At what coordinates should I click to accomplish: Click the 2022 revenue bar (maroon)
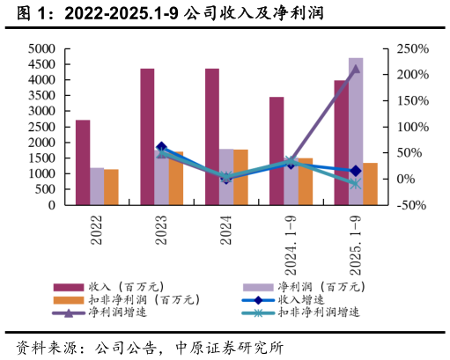click(x=82, y=163)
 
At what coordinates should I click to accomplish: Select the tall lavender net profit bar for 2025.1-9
click(x=355, y=132)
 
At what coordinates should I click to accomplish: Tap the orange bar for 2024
click(x=240, y=178)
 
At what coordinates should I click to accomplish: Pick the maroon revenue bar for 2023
click(x=147, y=136)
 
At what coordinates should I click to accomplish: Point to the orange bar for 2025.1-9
click(x=370, y=184)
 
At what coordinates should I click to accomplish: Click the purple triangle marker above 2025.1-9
click(x=355, y=70)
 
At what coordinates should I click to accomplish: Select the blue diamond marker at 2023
click(x=161, y=148)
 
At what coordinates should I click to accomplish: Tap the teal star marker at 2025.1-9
click(x=355, y=184)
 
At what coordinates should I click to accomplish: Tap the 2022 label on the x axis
click(x=97, y=227)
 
